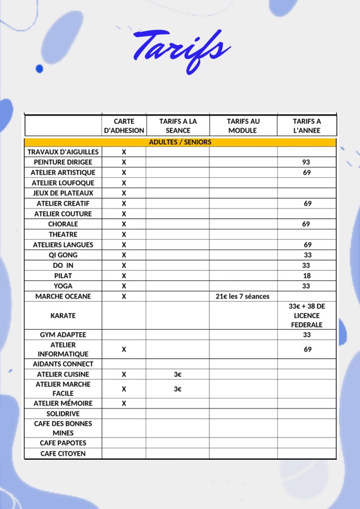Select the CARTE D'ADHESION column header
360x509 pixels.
pos(124,126)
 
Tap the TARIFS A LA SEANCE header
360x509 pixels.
pos(178,126)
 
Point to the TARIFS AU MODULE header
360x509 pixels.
pos(243,126)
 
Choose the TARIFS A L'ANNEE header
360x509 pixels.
pos(307,126)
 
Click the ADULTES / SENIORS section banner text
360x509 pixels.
pos(180,142)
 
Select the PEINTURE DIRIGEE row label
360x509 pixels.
pos(63,162)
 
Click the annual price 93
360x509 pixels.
pos(306,162)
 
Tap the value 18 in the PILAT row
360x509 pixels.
pos(307,276)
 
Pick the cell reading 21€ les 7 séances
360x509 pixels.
pos(243,297)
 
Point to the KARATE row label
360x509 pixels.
pos(63,315)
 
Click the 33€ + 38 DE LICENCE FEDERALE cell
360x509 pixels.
pos(307,315)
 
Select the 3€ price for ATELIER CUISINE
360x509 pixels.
pos(178,374)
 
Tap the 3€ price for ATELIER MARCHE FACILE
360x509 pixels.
pos(178,389)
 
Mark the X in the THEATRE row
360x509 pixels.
pos(124,234)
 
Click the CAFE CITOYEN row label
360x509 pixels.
pos(63,454)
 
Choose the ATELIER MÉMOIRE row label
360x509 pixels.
pos(63,404)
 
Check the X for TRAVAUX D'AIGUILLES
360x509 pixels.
pos(124,152)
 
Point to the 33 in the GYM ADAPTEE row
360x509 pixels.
pos(307,335)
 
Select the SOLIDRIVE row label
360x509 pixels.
pos(63,414)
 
